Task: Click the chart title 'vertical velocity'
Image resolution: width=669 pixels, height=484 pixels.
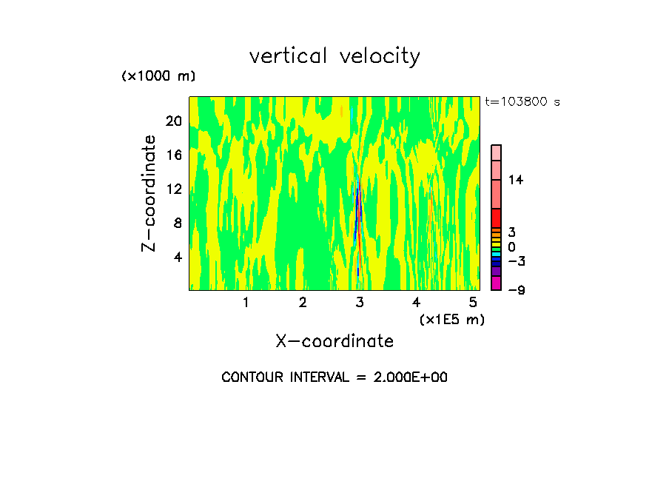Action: (x=334, y=56)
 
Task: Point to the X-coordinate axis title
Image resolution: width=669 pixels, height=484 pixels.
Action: (x=334, y=341)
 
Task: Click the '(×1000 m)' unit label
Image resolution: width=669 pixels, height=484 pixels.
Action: (x=158, y=76)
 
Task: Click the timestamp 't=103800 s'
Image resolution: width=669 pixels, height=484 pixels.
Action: (x=522, y=102)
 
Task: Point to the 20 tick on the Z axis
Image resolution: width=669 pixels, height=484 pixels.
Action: (x=173, y=121)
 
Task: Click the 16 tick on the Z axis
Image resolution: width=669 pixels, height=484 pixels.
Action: (x=173, y=155)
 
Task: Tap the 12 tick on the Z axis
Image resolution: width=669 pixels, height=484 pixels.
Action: (x=173, y=189)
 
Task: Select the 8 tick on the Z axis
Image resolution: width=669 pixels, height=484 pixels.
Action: (x=177, y=223)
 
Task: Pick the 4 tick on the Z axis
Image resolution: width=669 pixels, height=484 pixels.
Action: (x=177, y=257)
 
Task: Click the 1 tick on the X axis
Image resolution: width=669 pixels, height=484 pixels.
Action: (x=246, y=303)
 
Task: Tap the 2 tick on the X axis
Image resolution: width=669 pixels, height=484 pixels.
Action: (x=303, y=303)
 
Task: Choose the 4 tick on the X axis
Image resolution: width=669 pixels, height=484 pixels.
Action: (x=416, y=303)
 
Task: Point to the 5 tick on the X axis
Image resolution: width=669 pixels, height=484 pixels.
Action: (x=473, y=303)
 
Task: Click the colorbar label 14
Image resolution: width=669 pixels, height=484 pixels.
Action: (x=515, y=180)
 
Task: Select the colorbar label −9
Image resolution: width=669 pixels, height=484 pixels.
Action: (x=516, y=290)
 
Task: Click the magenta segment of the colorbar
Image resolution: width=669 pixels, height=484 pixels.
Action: (x=497, y=283)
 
